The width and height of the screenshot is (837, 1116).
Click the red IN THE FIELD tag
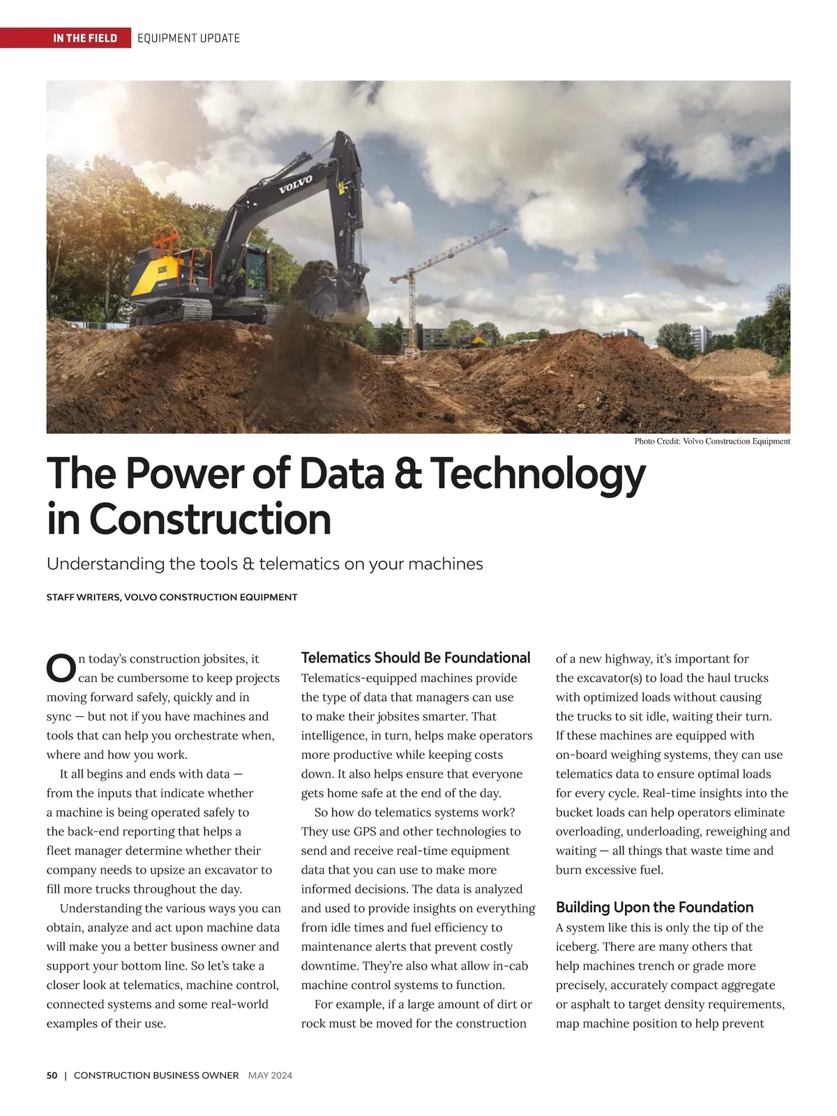click(x=84, y=38)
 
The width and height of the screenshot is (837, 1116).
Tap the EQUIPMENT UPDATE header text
click(x=188, y=38)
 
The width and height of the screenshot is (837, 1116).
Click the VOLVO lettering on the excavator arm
click(x=296, y=184)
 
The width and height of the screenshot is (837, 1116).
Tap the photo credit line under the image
click(x=711, y=441)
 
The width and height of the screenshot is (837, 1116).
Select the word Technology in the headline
click(x=537, y=474)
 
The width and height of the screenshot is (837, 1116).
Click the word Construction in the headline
click(x=210, y=520)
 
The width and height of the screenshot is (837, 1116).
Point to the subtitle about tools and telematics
click(x=264, y=564)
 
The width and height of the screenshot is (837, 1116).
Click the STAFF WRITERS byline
click(x=172, y=597)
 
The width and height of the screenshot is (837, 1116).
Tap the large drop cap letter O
click(x=61, y=668)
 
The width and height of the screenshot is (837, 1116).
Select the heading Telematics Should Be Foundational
click(x=415, y=658)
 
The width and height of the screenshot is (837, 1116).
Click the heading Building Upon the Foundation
click(x=654, y=907)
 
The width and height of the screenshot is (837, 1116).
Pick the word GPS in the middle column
click(x=365, y=831)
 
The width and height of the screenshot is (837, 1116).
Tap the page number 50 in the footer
click(x=52, y=1076)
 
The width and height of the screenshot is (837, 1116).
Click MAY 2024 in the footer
click(x=270, y=1076)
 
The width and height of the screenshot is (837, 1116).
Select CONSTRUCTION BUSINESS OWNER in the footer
click(x=156, y=1076)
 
